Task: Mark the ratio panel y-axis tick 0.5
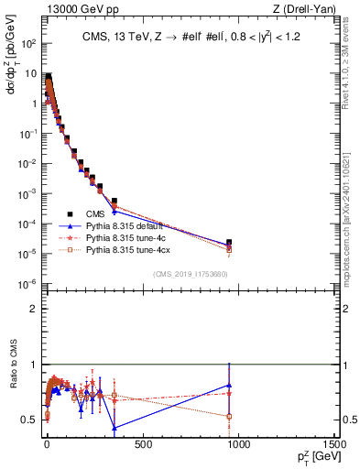point(31,420)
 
